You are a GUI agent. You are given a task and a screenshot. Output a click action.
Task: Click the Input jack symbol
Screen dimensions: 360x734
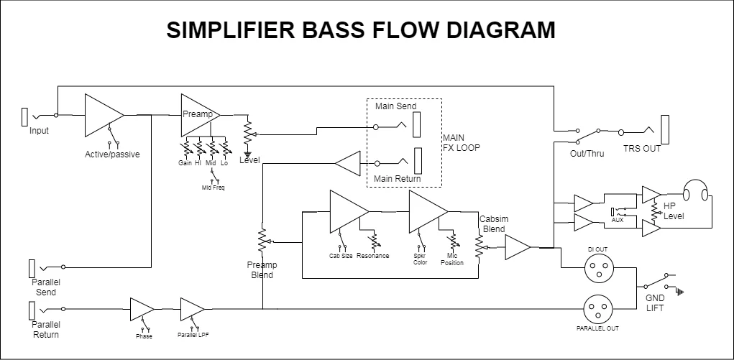25,116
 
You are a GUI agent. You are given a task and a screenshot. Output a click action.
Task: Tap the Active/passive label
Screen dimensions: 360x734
112,154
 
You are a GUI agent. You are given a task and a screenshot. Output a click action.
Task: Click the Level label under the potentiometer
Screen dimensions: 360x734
249,160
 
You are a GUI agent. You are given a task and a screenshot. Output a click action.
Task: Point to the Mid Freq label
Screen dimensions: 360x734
213,188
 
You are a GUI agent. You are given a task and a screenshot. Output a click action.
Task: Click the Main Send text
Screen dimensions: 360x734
395,106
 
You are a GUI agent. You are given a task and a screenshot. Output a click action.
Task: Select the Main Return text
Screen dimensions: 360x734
398,178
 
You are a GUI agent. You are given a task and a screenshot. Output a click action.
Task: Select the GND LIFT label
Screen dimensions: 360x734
654,303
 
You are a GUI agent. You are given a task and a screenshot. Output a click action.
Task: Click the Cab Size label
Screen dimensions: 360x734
340,256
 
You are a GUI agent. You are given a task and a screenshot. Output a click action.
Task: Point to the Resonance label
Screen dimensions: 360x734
372,256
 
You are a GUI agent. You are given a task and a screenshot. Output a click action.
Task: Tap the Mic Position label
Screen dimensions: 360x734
452,259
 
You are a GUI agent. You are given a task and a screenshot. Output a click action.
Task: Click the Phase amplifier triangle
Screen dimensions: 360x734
141,309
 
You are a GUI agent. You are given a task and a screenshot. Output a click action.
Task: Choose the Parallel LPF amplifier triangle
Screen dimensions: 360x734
191,309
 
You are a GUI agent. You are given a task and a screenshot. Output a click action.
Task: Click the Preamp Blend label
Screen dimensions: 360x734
262,269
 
